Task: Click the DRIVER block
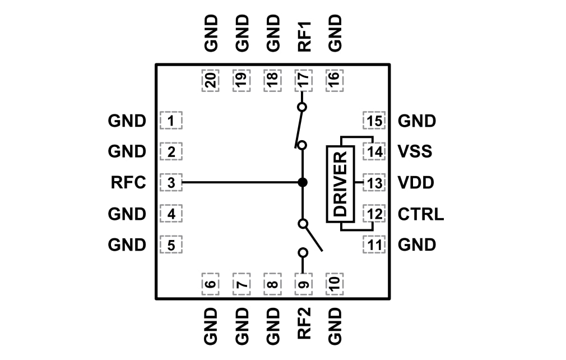click(340, 183)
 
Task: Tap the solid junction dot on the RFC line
click(303, 182)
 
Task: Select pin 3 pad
click(171, 183)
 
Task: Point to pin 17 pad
click(303, 81)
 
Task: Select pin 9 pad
click(303, 284)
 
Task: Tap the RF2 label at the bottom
click(303, 325)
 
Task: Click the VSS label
click(415, 151)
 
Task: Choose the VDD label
click(415, 183)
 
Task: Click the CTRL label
click(421, 214)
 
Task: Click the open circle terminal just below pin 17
click(303, 107)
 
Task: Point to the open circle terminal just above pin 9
click(303, 252)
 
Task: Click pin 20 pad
click(210, 81)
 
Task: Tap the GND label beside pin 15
click(416, 121)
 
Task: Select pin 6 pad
click(210, 284)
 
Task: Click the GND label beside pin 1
click(127, 121)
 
